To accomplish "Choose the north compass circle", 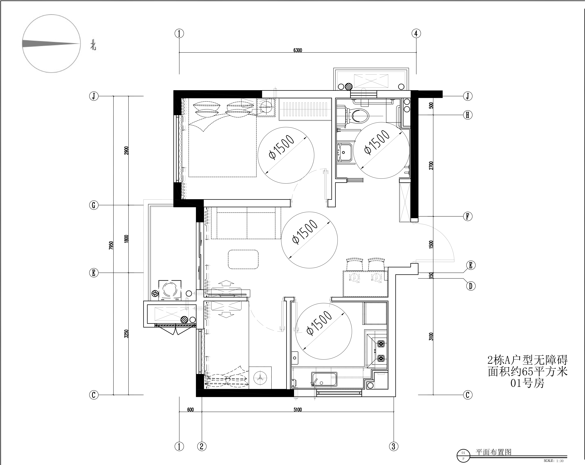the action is coord(51,44).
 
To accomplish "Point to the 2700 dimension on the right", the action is coord(431,165).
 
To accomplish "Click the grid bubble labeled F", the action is coord(468,216).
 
